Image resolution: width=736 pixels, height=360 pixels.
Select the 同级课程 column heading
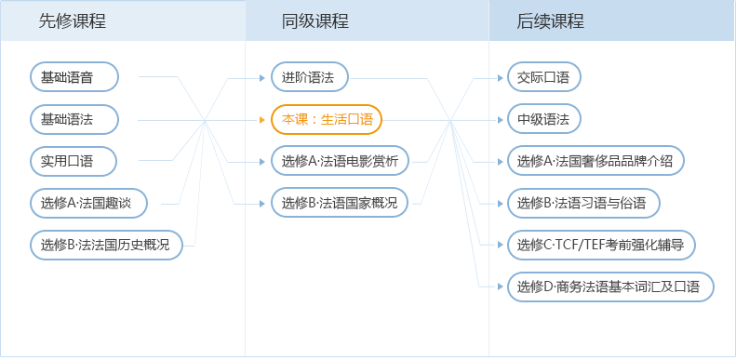coord(315,21)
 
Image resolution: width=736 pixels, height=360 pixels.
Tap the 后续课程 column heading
coord(551,21)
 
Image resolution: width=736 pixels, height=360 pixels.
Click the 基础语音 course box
coord(74,77)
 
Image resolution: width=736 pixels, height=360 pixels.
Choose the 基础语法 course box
coord(74,119)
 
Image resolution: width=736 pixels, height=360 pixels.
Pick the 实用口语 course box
coord(74,161)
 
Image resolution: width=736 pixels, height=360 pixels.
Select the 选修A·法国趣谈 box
coord(95,203)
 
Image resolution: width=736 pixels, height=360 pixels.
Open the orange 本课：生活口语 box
coord(327,119)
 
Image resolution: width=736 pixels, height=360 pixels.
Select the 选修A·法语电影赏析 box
coord(340,161)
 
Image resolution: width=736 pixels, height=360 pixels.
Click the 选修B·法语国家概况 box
coord(340,203)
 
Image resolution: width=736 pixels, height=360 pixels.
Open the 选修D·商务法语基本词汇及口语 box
coord(610,287)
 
